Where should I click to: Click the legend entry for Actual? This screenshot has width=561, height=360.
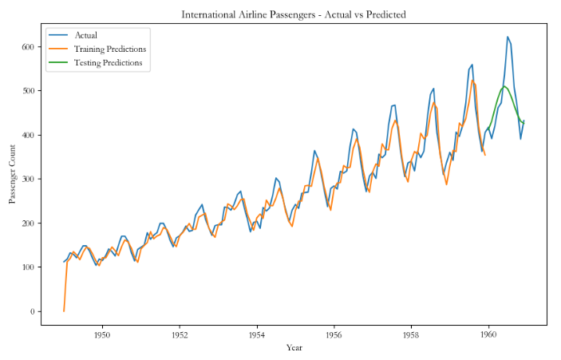coord(85,35)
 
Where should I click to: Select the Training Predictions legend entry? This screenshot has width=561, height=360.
coord(110,49)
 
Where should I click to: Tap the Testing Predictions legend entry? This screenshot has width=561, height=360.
coord(109,62)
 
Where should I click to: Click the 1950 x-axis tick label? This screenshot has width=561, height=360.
coord(102,334)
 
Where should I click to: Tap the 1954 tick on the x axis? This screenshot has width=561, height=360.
coord(257,334)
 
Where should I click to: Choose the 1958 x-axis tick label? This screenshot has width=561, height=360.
coord(411,334)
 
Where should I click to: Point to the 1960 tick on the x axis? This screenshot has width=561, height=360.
coord(488,334)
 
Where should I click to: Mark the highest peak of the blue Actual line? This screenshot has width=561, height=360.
coord(508,37)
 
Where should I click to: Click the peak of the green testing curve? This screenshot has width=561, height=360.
coord(504,86)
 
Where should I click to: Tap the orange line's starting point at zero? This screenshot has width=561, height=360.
coord(64,311)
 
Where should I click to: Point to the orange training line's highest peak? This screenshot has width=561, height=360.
coord(472,80)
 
